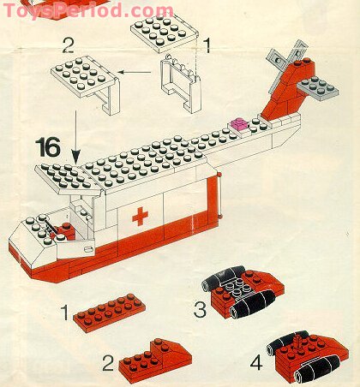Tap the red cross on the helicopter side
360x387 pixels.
[x=139, y=216]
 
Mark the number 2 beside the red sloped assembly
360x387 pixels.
[x=108, y=363]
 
